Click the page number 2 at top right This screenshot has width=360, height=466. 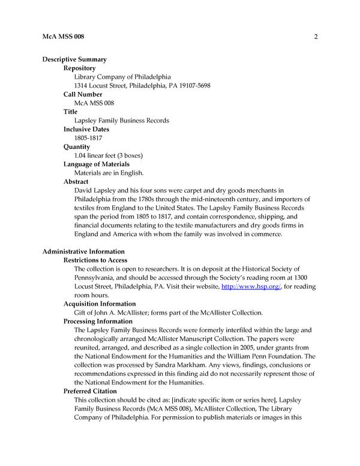315,37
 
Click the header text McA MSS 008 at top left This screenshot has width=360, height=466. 63,37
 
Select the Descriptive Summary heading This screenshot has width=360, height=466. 74,59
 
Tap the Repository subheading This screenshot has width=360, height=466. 80,68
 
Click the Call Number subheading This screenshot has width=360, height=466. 83,94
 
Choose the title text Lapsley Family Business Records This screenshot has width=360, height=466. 121,121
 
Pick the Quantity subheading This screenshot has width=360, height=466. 77,147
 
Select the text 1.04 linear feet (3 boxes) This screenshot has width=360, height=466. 108,156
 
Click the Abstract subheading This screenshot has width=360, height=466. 76,181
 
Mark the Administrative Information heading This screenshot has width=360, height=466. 83,252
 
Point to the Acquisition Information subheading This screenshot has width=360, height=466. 100,304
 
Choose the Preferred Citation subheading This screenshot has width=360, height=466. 91,391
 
